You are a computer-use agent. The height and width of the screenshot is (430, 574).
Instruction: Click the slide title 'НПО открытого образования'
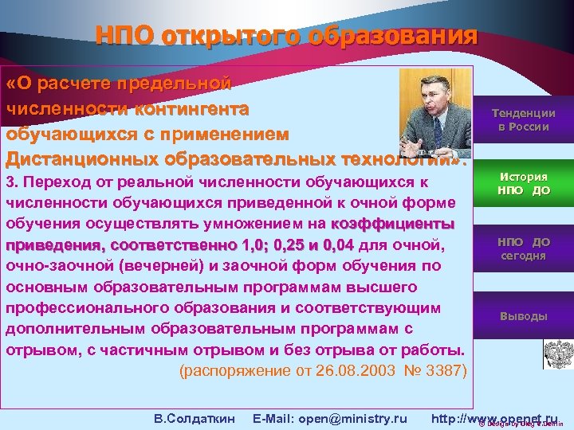coord(286,36)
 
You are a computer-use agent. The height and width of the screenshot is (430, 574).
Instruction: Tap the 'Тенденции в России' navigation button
coord(523,119)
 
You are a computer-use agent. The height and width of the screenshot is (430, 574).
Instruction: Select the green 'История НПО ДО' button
coord(523,183)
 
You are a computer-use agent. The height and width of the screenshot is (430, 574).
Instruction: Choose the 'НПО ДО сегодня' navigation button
coord(523,248)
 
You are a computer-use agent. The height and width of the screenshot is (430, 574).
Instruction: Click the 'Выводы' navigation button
coord(523,316)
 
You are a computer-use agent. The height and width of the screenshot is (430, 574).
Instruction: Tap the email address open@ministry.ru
coord(329,396)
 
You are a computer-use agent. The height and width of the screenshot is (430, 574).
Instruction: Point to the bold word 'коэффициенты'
coord(394,222)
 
